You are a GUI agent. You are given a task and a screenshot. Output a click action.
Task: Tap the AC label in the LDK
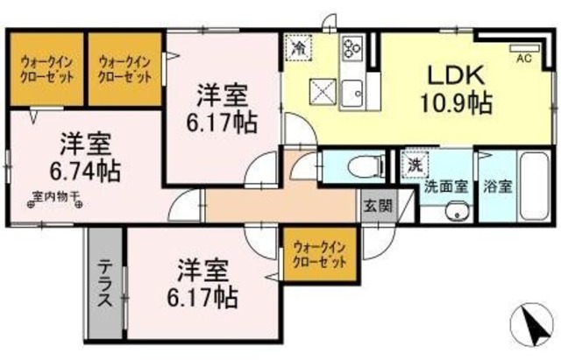524,59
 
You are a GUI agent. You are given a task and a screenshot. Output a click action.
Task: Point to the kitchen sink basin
354,91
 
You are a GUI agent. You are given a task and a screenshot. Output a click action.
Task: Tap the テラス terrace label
104,283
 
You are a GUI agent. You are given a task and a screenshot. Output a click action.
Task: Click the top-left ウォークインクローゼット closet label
46,68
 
